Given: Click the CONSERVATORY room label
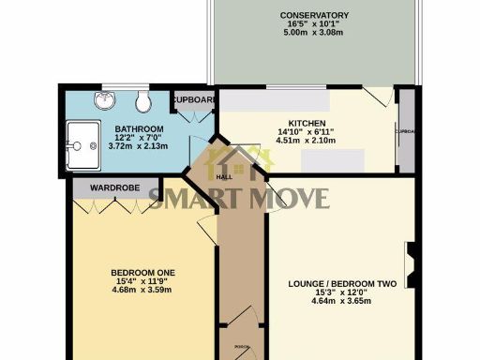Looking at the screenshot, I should tap(314, 15).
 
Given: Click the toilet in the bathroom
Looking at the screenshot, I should tap(142, 101).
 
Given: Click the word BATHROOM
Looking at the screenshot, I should tap(140, 128).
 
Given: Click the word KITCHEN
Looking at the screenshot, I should tap(307, 123).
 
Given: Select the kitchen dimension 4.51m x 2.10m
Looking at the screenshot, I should tap(307, 142).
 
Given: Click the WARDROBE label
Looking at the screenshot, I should tap(115, 188).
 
